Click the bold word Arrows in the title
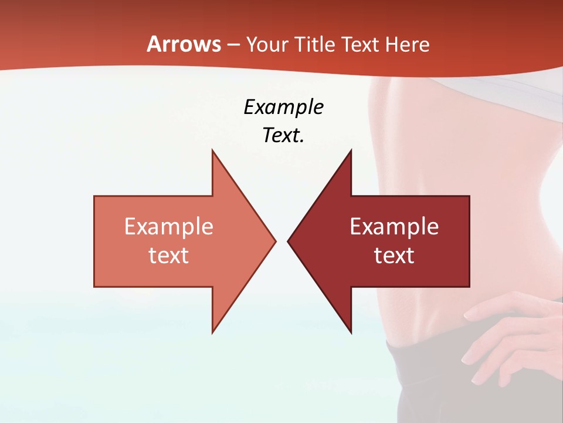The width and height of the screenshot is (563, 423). point(184,44)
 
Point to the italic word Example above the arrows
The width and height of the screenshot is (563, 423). point(284,108)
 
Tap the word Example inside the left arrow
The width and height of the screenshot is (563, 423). point(169,227)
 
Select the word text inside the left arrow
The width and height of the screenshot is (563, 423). point(169,256)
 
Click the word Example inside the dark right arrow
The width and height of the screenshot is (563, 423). point(394,227)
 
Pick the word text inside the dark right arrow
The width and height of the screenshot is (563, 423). point(394,256)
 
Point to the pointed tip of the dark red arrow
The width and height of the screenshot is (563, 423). point(289,241)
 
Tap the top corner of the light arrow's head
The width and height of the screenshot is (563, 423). point(212,150)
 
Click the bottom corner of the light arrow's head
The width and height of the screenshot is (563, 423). point(212,332)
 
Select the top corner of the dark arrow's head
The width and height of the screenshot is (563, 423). point(351,150)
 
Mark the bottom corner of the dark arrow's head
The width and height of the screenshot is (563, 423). point(351,332)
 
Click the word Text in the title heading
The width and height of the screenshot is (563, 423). point(359,44)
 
